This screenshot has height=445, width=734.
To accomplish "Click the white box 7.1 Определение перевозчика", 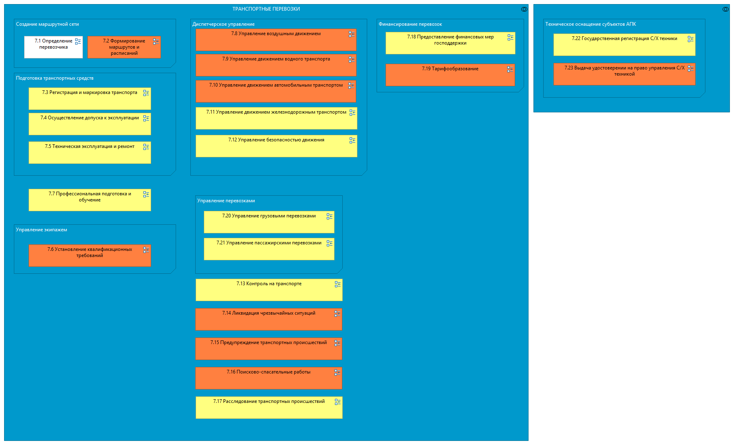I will [x=53, y=47].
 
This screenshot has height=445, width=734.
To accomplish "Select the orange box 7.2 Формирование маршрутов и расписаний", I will [x=124, y=47].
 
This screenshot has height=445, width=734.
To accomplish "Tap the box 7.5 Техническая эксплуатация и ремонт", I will [x=89, y=153].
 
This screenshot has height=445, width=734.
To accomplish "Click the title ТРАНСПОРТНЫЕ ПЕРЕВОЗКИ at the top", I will [x=266, y=9].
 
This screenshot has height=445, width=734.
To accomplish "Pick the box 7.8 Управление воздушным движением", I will [x=276, y=40].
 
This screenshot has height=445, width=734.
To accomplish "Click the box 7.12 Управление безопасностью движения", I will [x=276, y=146].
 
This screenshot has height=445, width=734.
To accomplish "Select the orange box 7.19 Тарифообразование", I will [x=450, y=75].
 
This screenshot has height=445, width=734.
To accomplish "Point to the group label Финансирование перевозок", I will [x=410, y=25].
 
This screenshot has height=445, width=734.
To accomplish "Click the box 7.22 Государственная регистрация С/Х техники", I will [x=624, y=45].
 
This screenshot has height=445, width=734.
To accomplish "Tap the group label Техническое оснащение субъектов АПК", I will [x=590, y=25].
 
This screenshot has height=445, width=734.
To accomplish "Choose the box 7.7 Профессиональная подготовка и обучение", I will [x=89, y=200].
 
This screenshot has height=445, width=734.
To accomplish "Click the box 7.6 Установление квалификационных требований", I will [x=89, y=256].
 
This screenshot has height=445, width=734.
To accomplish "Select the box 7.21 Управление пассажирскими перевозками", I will [x=269, y=249].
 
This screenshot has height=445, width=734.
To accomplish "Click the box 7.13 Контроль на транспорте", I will [x=269, y=290].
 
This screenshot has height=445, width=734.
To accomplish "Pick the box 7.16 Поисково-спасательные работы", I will [x=268, y=378].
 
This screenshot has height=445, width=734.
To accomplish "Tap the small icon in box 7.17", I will [x=337, y=402].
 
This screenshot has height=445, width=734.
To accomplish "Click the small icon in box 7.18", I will [x=510, y=38].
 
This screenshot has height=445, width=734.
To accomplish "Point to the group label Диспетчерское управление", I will [x=223, y=25].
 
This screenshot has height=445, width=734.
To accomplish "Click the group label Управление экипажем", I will [x=41, y=230].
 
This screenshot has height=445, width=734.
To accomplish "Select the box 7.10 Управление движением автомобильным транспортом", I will [x=276, y=92].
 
